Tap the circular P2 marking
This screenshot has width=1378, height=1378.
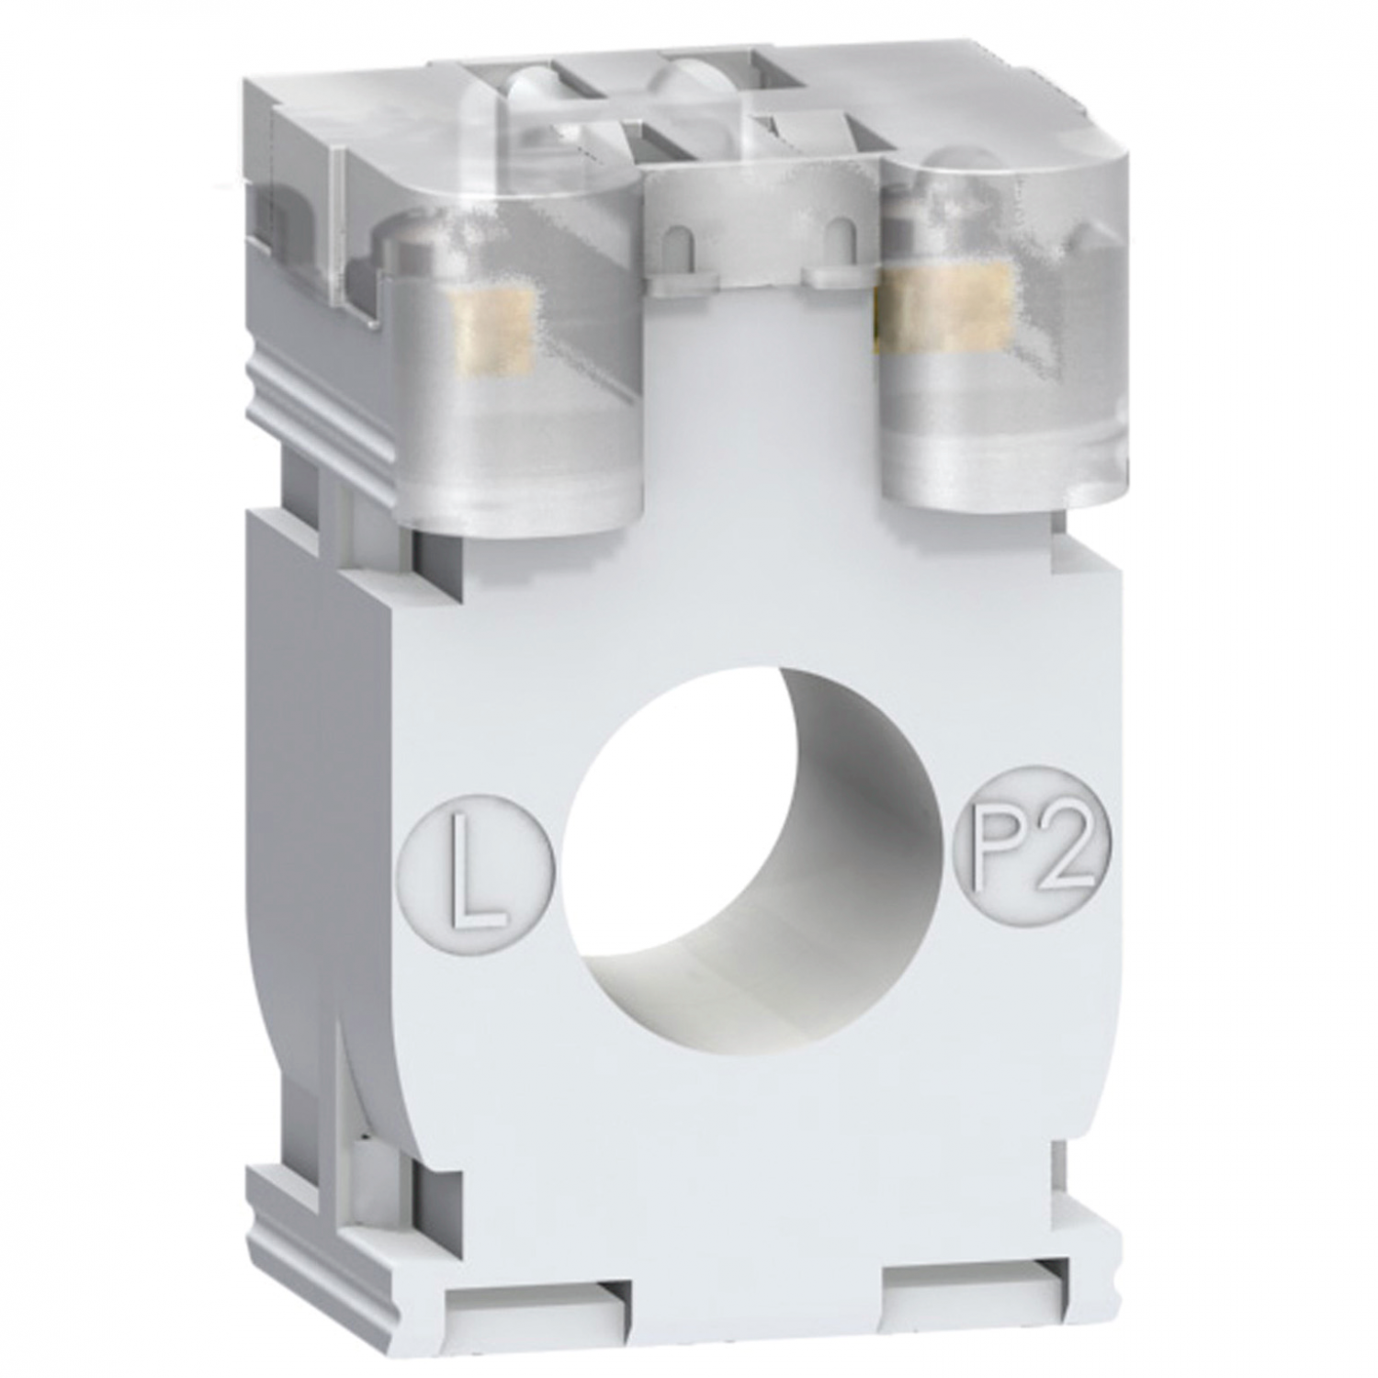tap(1035, 842)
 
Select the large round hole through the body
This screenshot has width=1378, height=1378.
tap(753, 850)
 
